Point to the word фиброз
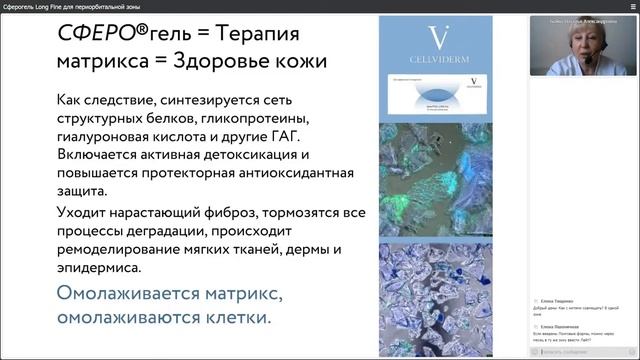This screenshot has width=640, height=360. coord(247,214)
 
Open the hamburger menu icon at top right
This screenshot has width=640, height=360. coord(629,6)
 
